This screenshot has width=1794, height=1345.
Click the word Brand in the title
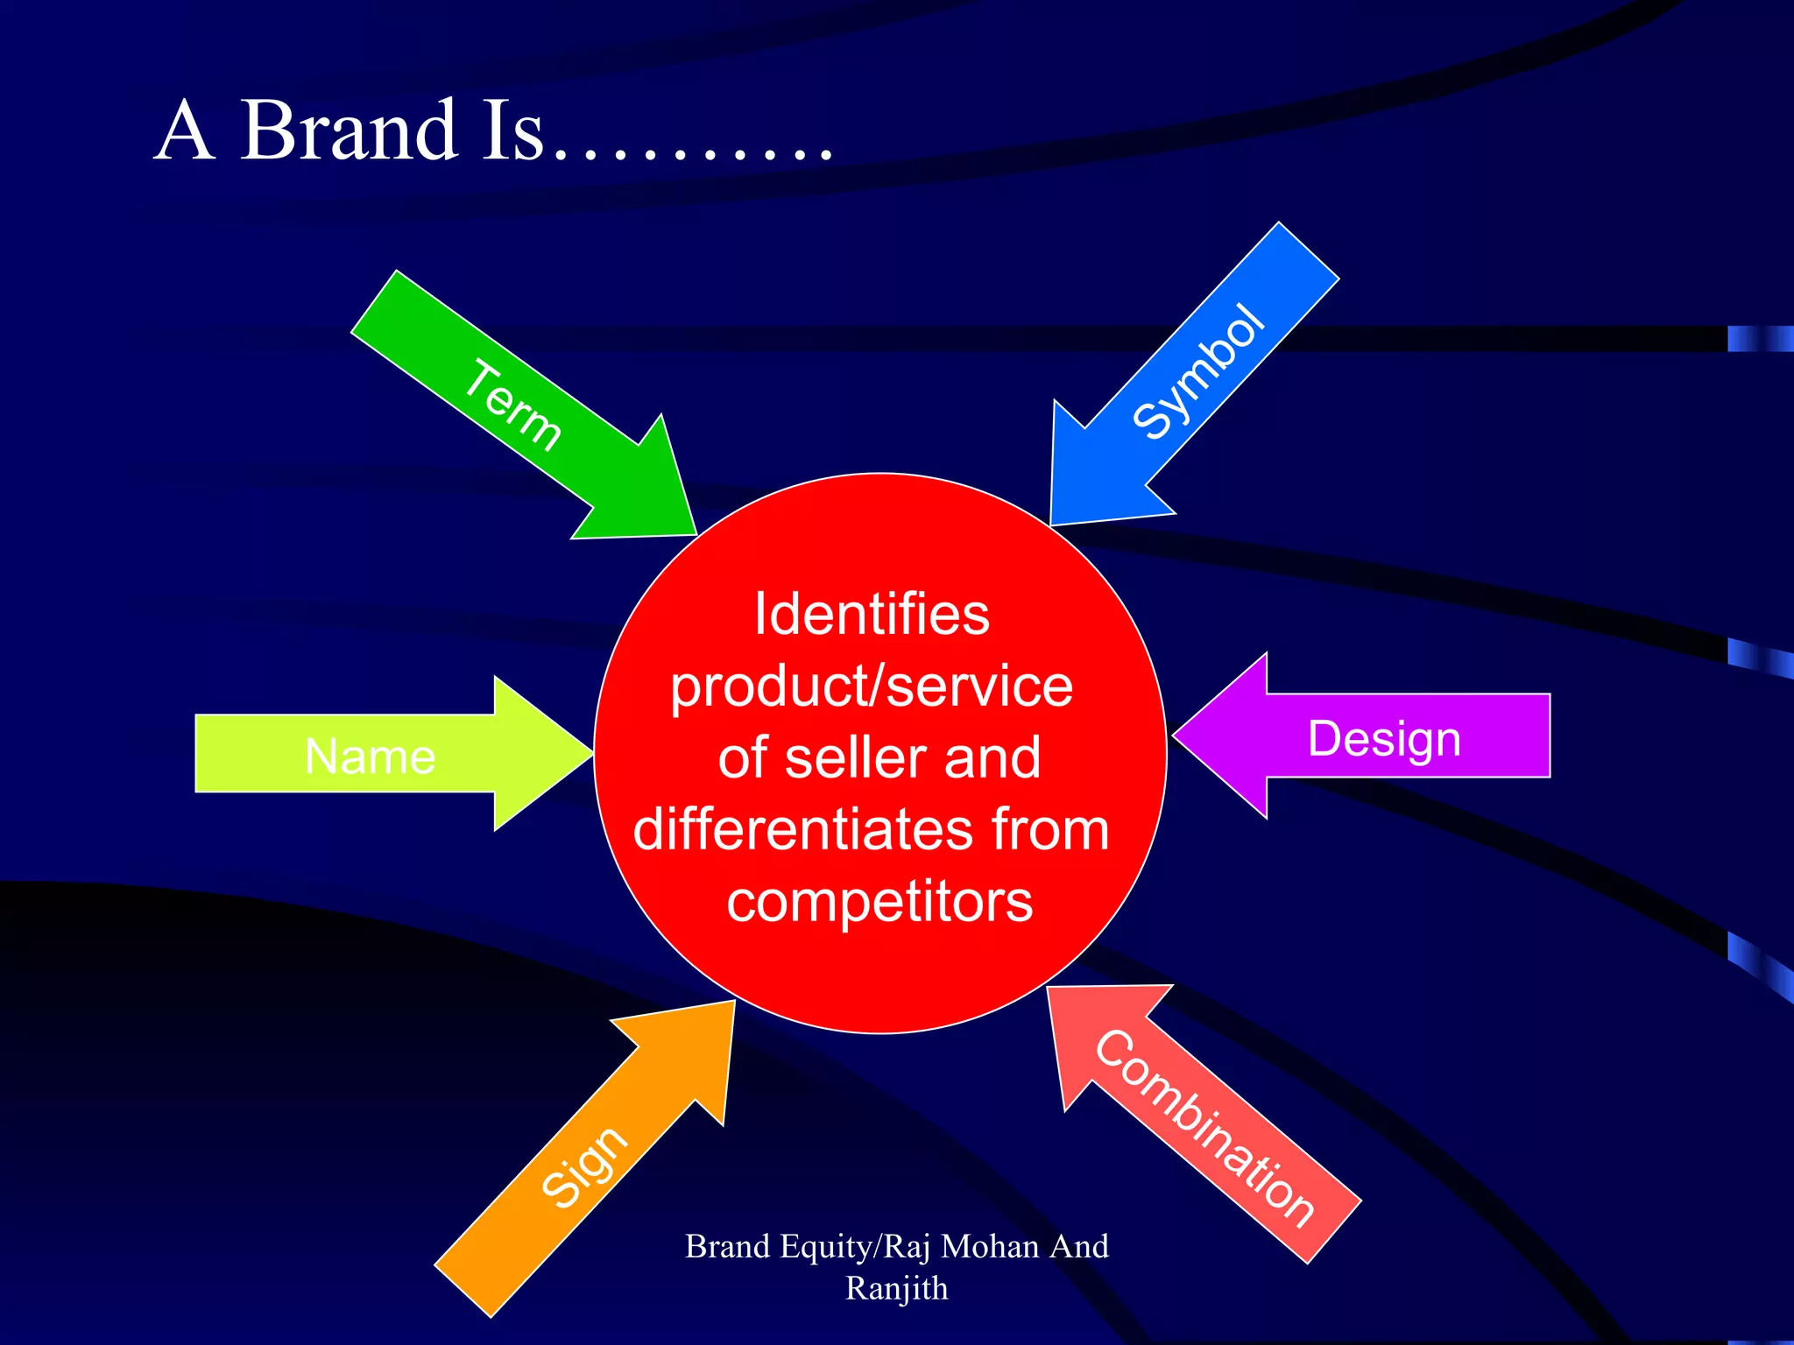click(x=348, y=131)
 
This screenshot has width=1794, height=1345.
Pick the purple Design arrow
click(x=1384, y=737)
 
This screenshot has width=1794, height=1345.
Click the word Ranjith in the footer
click(x=896, y=1288)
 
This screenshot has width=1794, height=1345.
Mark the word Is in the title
click(x=512, y=131)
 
